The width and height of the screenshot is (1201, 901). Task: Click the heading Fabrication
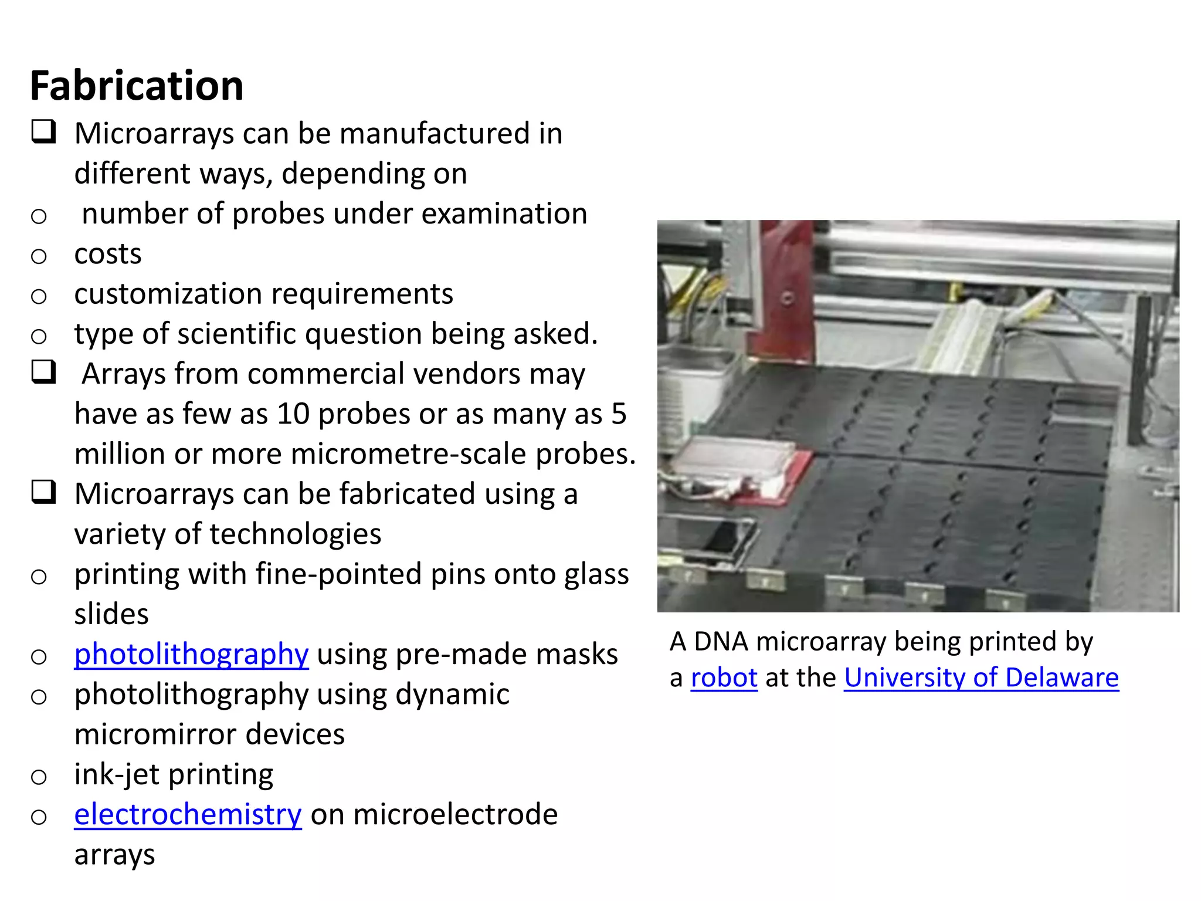point(137,86)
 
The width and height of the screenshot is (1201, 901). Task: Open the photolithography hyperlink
point(191,654)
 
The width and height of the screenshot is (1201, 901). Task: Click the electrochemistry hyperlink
point(188,814)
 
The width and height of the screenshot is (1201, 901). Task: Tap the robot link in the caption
point(724,678)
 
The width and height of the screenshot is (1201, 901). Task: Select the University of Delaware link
point(981,678)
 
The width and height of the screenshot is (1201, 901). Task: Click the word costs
point(108,254)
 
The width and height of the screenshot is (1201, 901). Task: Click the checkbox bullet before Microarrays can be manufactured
point(44,132)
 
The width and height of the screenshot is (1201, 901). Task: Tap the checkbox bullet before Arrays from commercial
point(44,372)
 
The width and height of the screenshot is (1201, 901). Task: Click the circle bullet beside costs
point(39,256)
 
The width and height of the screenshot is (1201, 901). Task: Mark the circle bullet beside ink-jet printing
point(39,777)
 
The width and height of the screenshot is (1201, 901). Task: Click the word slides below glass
point(111,614)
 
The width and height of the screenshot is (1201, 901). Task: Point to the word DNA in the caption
point(721,642)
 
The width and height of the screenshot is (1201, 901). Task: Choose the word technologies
point(295,534)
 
